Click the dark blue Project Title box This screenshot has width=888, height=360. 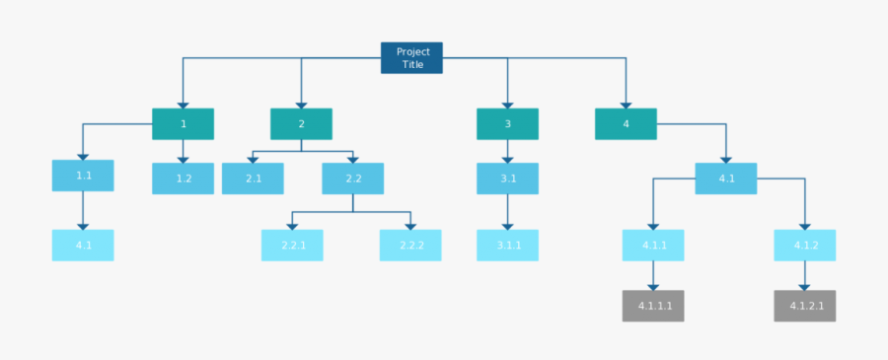(411, 57)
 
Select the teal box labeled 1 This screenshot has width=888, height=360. (183, 124)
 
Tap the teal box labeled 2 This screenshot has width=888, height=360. (301, 124)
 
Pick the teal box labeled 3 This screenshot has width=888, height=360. (507, 124)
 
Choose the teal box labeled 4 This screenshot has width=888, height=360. (626, 124)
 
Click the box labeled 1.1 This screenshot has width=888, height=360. (83, 176)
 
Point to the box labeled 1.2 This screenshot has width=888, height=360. (183, 179)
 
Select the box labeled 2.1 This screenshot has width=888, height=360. (253, 179)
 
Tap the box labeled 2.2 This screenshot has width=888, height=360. (352, 179)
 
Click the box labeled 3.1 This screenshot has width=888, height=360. (507, 179)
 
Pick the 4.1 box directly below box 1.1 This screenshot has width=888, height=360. (83, 246)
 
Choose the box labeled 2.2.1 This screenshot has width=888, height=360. (292, 246)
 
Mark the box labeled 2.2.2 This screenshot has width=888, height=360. (410, 246)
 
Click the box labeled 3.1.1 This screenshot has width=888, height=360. (507, 246)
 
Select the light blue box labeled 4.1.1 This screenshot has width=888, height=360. (653, 246)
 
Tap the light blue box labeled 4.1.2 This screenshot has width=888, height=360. (804, 246)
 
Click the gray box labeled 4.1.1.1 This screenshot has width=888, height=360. (653, 306)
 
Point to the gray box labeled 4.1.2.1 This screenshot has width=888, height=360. (804, 306)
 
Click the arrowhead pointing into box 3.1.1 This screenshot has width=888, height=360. (507, 226)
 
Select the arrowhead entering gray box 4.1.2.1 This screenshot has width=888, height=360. (804, 286)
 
